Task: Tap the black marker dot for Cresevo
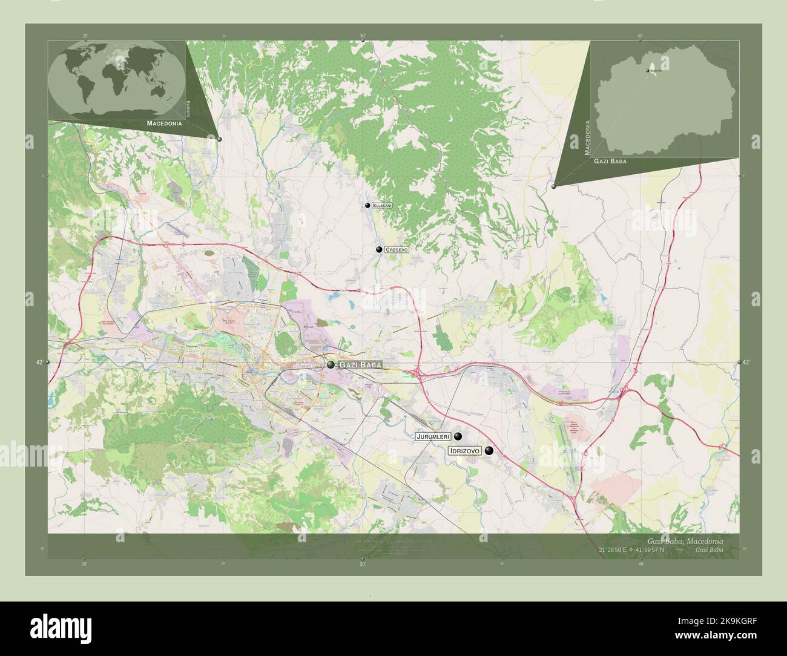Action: pyautogui.click(x=379, y=249)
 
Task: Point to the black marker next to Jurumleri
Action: pyautogui.click(x=458, y=436)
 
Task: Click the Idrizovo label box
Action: pyautogui.click(x=464, y=451)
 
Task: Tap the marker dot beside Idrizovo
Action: pyautogui.click(x=489, y=450)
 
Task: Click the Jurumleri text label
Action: pyautogui.click(x=433, y=436)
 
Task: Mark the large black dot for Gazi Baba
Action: pyautogui.click(x=331, y=364)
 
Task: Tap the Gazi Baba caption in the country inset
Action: pyautogui.click(x=610, y=162)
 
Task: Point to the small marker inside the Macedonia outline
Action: pyautogui.click(x=648, y=71)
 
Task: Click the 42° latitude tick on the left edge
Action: pyautogui.click(x=39, y=362)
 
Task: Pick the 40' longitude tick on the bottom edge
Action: pyautogui.click(x=640, y=564)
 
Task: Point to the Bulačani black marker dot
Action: pyautogui.click(x=367, y=206)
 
